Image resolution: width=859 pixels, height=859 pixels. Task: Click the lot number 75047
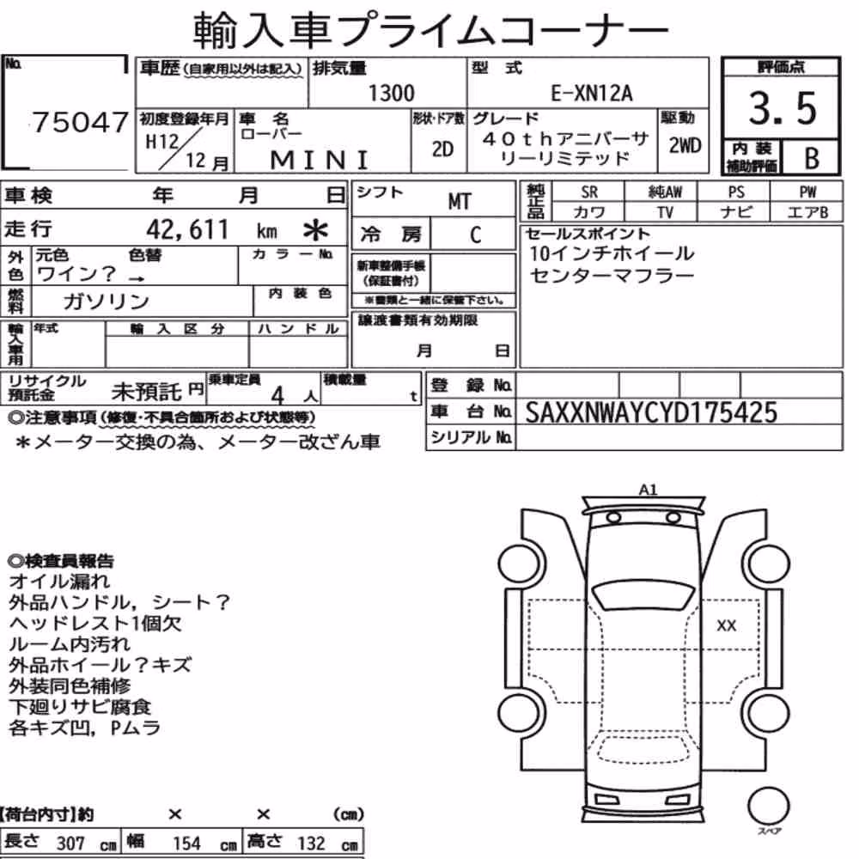[81, 122]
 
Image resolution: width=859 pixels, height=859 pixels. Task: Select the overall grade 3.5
[783, 108]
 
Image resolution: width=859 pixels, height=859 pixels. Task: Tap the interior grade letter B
[812, 158]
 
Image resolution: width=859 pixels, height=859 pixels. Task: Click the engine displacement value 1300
[391, 93]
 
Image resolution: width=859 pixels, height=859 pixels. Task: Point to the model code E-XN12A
[591, 93]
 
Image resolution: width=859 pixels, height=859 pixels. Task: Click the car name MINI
[320, 161]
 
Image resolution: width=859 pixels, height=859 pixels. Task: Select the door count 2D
[442, 149]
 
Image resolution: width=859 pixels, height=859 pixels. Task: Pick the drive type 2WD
[685, 145]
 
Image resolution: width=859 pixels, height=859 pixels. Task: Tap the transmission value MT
[459, 202]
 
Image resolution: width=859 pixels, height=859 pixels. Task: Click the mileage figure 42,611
[186, 229]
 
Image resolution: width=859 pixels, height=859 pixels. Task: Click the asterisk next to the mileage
[315, 230]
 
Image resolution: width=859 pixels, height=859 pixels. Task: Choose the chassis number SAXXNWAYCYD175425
[651, 412]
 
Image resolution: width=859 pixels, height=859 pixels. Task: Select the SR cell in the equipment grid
[589, 192]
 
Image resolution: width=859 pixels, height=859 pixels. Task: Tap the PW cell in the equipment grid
[807, 192]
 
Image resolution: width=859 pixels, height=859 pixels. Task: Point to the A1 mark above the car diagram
[648, 490]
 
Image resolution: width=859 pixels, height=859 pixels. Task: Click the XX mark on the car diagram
[727, 625]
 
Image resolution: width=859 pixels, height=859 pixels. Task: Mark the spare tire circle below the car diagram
[768, 807]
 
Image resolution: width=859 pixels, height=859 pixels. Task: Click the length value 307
[70, 843]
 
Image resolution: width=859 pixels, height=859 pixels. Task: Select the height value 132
[311, 843]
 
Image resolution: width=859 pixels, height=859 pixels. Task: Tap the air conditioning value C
[475, 235]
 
